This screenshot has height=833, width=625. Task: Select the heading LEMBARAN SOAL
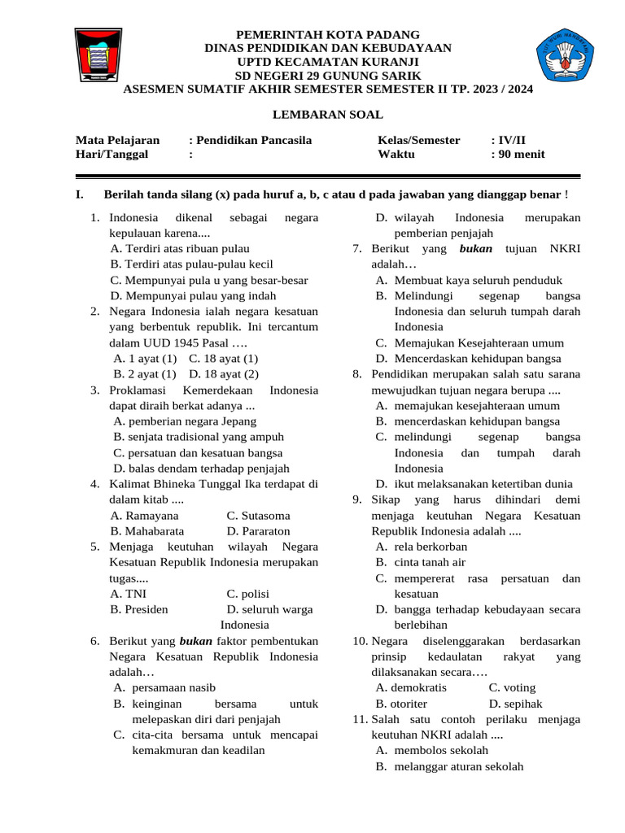pos(327,115)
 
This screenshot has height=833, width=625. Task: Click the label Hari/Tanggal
pos(113,155)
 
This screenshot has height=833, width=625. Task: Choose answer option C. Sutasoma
pos(258,516)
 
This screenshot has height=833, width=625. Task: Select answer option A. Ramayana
pos(144,516)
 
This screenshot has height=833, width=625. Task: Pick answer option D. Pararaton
pos(258,531)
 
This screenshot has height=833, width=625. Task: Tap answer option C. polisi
pos(247,594)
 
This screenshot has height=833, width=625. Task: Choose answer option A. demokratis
pos(411,688)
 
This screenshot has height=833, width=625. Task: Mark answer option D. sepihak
pos(515,704)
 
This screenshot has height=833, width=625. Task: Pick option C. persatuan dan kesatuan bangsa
pos(198,453)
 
